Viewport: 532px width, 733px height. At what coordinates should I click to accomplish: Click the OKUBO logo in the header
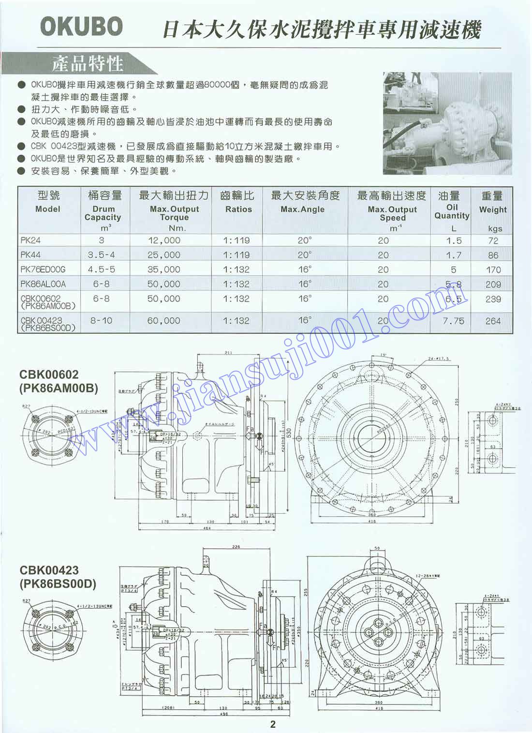click(81, 27)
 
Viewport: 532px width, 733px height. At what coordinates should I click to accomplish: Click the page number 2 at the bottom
click(273, 724)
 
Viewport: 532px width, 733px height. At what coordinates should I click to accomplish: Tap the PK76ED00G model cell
click(43, 269)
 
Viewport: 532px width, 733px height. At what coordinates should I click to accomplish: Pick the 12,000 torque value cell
click(164, 240)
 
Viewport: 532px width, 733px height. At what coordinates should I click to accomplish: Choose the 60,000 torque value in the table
click(164, 321)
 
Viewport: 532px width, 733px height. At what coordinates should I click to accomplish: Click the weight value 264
click(493, 321)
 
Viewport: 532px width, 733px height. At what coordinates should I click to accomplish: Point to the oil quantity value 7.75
click(453, 321)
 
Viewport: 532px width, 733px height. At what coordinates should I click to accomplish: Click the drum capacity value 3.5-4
click(102, 255)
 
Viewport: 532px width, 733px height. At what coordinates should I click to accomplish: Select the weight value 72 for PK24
click(493, 240)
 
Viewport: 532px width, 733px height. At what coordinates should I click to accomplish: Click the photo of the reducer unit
click(447, 123)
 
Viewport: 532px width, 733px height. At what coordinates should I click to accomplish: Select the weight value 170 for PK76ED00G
click(493, 269)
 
